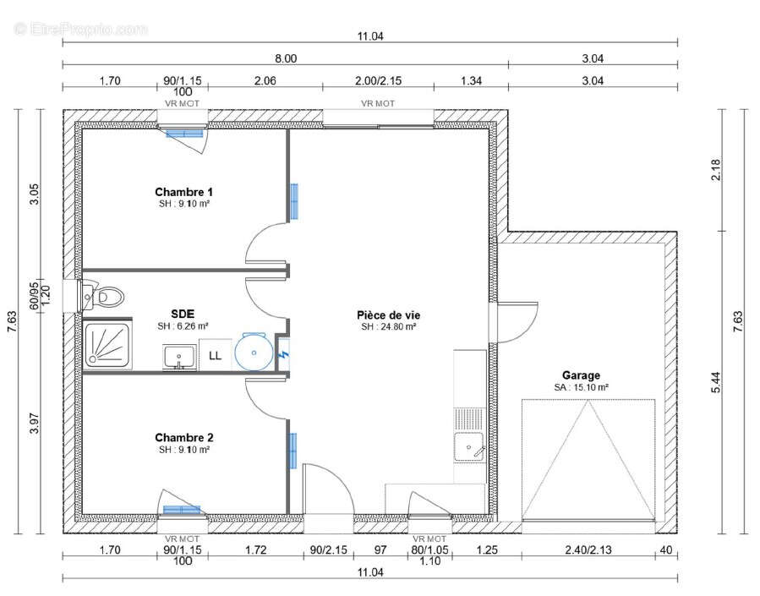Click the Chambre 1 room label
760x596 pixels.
pos(183,192)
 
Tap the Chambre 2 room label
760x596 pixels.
pos(183,438)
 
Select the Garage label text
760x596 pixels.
pos(581,375)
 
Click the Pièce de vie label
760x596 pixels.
pos(388,314)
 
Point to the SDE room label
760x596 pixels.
pos(183,313)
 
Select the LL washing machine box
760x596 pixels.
pos(215,355)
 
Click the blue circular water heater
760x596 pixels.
pos(253,352)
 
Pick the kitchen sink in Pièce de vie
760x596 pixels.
pos(467,446)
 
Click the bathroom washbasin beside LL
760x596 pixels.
pos(178,357)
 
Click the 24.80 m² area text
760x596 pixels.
pos(389,326)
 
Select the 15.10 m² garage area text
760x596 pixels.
pos(581,387)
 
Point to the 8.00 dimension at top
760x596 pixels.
pos(285,58)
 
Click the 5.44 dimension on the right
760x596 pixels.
pos(717,383)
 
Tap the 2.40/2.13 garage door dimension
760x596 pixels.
pos(588,550)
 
